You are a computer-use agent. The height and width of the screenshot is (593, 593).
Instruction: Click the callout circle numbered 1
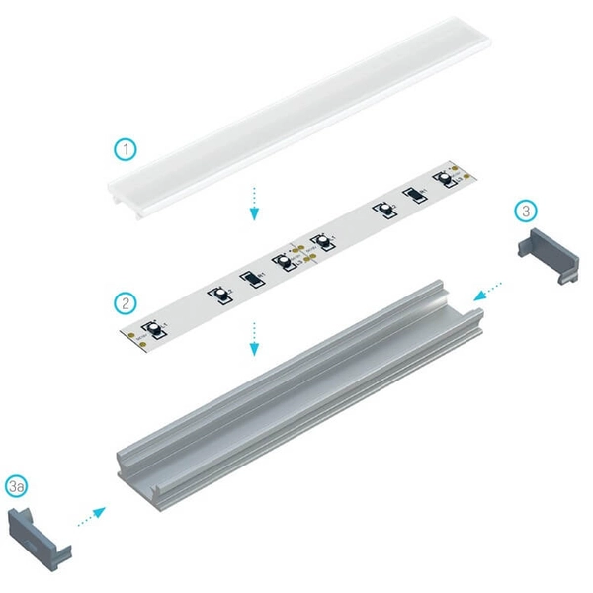pyautogui.click(x=126, y=150)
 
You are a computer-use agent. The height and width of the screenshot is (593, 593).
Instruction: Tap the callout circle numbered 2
pyautogui.click(x=126, y=300)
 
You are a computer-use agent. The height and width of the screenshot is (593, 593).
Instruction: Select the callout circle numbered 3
pyautogui.click(x=527, y=211)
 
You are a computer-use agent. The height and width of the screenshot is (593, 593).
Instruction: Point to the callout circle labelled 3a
pyautogui.click(x=17, y=485)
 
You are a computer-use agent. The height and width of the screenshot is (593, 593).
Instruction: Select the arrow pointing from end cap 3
pyautogui.click(x=486, y=290)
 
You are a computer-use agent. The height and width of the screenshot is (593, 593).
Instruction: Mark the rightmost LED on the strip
pyautogui.click(x=442, y=179)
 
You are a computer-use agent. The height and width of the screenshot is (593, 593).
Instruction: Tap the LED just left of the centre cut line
pyautogui.click(x=283, y=262)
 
